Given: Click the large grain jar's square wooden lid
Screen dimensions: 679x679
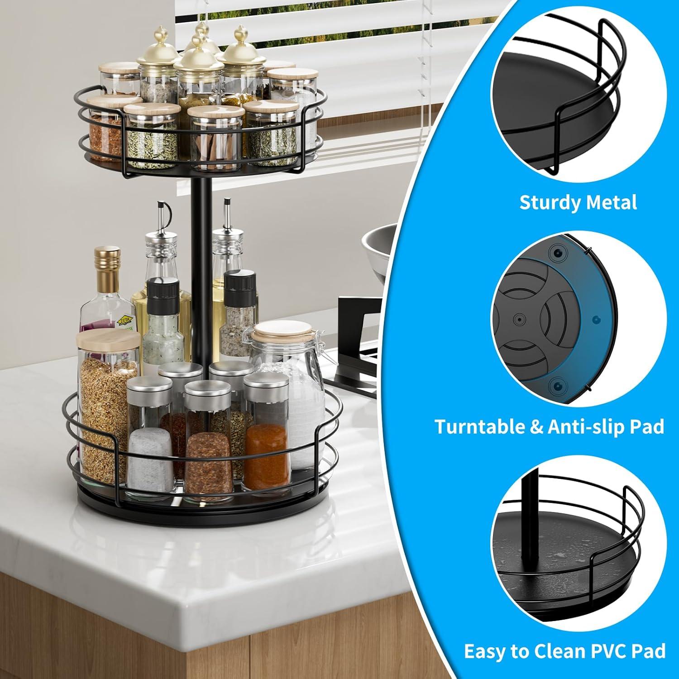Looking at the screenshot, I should click(x=108, y=342).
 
